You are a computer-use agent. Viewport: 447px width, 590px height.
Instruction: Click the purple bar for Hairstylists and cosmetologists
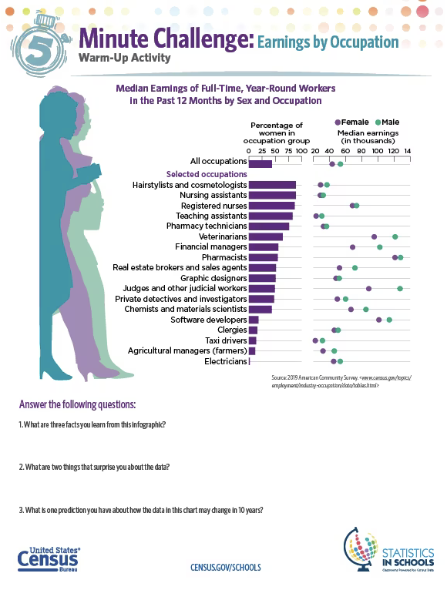[x=272, y=185]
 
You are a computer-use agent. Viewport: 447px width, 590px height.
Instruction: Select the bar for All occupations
[x=260, y=163]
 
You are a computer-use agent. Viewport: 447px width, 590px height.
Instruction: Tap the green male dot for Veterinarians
[x=395, y=237]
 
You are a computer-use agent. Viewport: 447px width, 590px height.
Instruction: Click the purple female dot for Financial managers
[x=353, y=247]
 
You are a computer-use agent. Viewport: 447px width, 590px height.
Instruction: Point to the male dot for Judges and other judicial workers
[x=400, y=288]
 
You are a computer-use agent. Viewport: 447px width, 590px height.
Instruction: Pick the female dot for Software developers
[x=378, y=320]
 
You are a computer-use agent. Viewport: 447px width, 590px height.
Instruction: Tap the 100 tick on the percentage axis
[x=297, y=150]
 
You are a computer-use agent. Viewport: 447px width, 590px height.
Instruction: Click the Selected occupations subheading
[x=207, y=174]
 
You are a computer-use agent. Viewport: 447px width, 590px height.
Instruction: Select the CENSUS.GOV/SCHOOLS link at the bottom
[x=225, y=567]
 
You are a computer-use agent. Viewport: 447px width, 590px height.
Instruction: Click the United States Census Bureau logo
[x=48, y=559]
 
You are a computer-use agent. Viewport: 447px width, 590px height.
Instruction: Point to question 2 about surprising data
[x=94, y=468]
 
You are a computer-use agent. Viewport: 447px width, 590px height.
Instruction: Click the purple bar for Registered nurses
[x=271, y=206]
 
